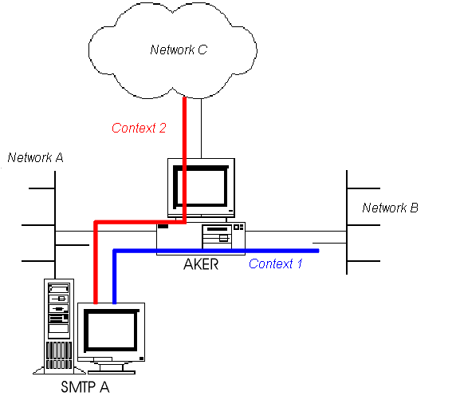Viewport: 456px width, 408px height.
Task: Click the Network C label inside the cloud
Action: [x=179, y=50]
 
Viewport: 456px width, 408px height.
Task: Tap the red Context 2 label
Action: [x=139, y=128]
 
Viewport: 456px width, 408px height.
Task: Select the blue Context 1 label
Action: [x=276, y=263]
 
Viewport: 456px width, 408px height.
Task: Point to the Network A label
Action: [x=36, y=157]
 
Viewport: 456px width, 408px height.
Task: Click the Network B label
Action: [x=391, y=208]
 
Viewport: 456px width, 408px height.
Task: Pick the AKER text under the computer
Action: [x=201, y=264]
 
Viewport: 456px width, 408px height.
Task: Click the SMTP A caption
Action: [x=85, y=387]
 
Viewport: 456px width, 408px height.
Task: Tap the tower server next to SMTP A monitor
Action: [x=59, y=327]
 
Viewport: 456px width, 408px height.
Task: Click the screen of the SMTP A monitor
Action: [x=111, y=331]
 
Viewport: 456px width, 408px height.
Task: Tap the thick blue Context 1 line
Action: [x=216, y=251]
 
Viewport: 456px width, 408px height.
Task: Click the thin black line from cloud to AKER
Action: [x=201, y=129]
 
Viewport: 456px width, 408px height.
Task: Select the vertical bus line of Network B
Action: [x=347, y=222]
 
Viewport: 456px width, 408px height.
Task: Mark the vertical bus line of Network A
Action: [x=55, y=225]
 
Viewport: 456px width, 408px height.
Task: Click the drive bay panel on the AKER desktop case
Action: [x=218, y=236]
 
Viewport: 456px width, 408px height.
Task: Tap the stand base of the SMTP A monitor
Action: [x=112, y=372]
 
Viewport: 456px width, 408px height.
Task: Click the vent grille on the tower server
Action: [x=59, y=355]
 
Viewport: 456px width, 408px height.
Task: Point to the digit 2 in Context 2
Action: [x=163, y=128]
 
